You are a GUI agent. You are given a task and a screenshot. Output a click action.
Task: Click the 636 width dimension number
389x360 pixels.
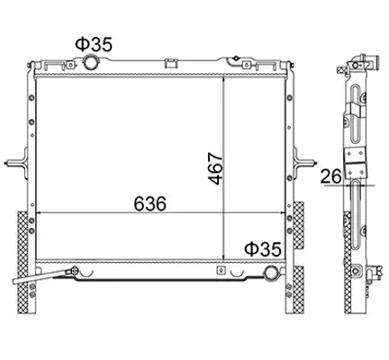pos(149,204)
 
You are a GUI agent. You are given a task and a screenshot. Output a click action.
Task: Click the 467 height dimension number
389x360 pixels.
pos(215,168)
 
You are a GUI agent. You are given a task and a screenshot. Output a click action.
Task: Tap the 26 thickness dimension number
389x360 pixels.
pos(331,176)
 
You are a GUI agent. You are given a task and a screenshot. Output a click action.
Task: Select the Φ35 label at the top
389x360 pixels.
pos(94,44)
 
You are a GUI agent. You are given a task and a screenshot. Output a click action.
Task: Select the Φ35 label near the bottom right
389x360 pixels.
pos(263,249)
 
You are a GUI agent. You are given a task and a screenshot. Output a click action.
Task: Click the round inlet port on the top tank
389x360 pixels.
pos(89,61)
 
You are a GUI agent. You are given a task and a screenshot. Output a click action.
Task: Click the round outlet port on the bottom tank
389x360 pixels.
pos(271,273)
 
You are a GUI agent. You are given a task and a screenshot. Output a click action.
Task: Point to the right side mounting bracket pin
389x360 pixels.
pos(304,163)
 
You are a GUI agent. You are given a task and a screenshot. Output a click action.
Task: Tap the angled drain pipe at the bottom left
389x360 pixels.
pos(43,276)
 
